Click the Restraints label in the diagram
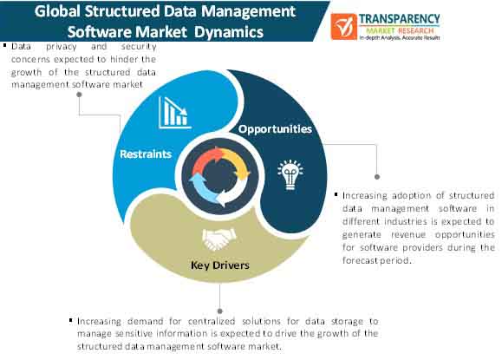(146, 154)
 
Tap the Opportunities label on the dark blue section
(275, 129)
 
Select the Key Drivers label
(220, 265)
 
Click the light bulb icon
(290, 174)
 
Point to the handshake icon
(219, 239)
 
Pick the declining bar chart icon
(174, 113)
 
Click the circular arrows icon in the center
(220, 176)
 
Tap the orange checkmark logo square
(344, 27)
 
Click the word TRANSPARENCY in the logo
(399, 19)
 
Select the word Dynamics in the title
(229, 32)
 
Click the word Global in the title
(57, 11)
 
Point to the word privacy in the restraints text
(62, 47)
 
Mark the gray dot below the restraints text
(79, 95)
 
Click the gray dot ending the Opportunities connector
(377, 177)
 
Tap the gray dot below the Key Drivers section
(220, 311)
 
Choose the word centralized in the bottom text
(212, 321)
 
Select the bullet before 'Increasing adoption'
(336, 194)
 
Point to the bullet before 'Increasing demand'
(71, 319)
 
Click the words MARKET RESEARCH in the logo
(400, 30)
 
